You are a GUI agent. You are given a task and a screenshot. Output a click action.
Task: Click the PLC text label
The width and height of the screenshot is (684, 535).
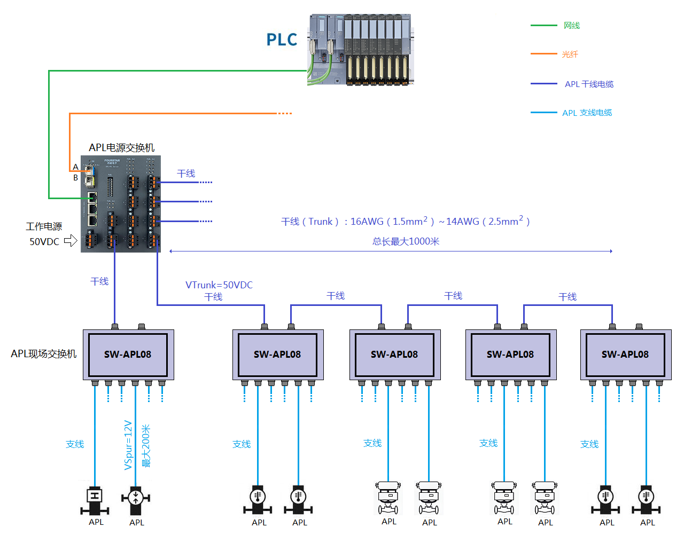point(282,40)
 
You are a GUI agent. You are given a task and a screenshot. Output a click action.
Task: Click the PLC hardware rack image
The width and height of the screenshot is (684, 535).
point(361,50)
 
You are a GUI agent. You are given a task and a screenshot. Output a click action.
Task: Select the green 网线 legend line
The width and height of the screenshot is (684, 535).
point(543,25)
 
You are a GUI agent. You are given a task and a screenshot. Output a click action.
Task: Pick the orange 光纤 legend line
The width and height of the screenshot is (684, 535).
point(543,54)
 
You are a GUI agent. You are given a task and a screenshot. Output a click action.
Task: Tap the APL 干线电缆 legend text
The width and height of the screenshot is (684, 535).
point(589,84)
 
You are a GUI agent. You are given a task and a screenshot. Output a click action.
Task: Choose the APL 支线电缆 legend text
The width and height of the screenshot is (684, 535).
point(587,113)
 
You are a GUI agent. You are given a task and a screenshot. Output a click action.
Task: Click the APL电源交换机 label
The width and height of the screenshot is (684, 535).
point(121,147)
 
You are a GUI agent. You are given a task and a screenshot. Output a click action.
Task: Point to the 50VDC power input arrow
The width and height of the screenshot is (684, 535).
point(71,241)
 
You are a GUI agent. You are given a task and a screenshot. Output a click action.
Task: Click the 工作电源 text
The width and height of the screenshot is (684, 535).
point(44,226)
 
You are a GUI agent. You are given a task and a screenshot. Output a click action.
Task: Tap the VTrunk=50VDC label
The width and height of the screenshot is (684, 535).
point(219,285)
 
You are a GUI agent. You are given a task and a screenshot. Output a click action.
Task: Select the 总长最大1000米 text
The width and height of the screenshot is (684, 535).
point(406,241)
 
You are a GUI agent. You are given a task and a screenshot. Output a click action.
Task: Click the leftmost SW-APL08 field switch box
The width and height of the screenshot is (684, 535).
point(128,355)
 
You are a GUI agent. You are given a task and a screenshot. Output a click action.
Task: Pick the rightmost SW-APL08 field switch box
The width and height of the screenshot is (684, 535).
point(625,355)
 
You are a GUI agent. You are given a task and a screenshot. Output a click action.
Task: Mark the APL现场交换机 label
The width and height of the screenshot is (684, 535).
point(44,354)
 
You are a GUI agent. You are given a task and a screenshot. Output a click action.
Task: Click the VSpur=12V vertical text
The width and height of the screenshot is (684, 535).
point(128,445)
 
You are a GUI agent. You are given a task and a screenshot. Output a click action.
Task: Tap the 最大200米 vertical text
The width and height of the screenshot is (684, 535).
point(145,446)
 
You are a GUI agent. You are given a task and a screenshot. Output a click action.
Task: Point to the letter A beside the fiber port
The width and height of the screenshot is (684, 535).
point(76,167)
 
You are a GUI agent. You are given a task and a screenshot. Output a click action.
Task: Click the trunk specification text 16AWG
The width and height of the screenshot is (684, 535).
point(367,222)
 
